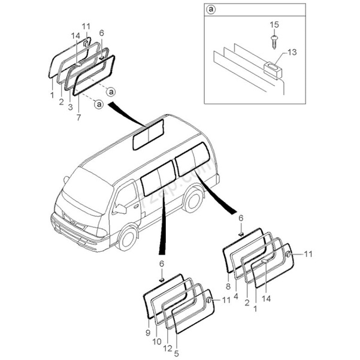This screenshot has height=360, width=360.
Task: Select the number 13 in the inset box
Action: click(x=292, y=53)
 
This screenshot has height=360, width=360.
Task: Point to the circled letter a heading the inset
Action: click(x=211, y=10)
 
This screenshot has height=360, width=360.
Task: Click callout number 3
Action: click(x=70, y=107)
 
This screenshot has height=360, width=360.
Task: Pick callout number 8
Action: click(x=228, y=287)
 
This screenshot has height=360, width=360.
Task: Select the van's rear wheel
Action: click(x=193, y=199)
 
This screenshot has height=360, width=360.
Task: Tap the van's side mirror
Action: click(x=120, y=208)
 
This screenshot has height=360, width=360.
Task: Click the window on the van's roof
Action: click(x=148, y=134)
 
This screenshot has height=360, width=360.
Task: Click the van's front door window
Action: click(x=126, y=193)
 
